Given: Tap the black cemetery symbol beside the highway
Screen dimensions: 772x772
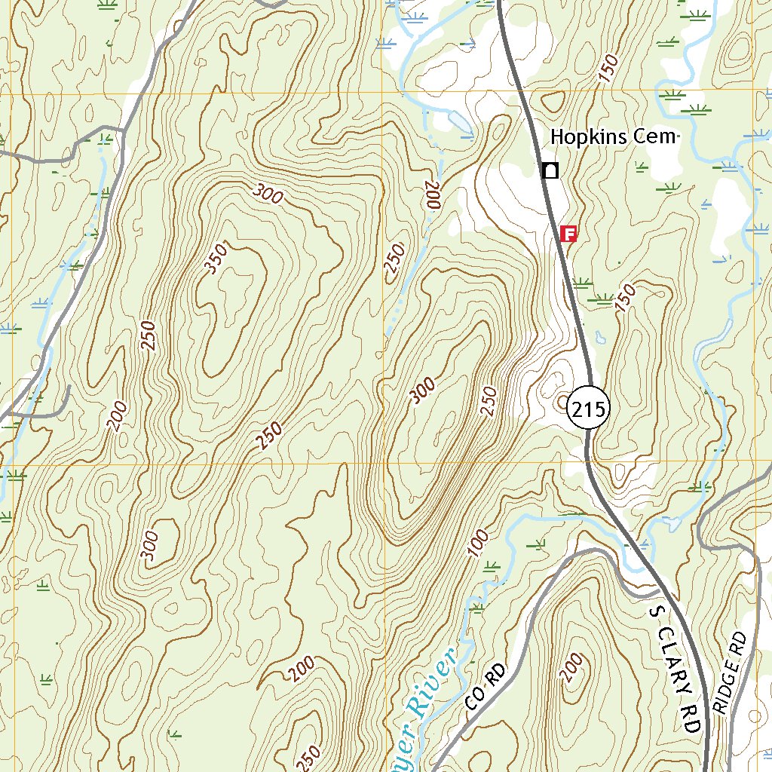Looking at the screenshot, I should [551, 170].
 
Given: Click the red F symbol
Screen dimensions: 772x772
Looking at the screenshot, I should [570, 234].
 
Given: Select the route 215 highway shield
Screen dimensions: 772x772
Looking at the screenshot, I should [588, 410].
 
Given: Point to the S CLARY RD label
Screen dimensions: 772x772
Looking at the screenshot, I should [676, 667].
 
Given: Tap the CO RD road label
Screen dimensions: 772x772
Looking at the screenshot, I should [483, 688].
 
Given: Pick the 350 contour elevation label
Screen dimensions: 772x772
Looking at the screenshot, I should [214, 259].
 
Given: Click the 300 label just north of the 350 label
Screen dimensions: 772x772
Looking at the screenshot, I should [268, 195].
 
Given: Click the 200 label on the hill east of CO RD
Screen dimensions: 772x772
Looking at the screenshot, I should [572, 666].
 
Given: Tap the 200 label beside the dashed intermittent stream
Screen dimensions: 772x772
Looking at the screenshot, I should [431, 195].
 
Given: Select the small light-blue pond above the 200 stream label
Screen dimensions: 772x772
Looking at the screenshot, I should [458, 121].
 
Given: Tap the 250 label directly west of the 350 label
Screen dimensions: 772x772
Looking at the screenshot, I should [148, 335].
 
